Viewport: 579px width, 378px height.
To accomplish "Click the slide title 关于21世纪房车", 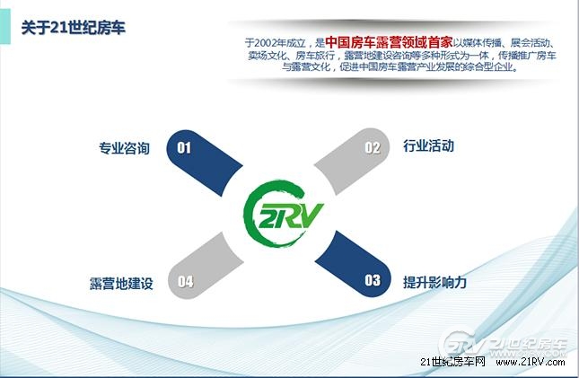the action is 74,28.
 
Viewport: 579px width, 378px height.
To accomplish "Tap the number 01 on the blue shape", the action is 184,148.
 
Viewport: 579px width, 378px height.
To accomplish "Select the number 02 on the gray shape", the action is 373,148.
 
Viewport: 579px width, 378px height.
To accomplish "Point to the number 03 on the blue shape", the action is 373,280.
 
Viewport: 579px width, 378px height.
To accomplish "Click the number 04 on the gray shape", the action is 185,282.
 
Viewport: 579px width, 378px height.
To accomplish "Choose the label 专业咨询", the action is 124,148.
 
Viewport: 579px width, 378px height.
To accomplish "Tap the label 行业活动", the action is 429,146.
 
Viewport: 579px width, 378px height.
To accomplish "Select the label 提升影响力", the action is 435,282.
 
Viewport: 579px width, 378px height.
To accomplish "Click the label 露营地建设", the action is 121,284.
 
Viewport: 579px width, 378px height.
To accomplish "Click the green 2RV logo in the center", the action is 283,214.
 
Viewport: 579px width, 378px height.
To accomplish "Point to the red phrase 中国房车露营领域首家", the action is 389,42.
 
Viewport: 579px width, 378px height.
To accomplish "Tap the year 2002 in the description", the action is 267,43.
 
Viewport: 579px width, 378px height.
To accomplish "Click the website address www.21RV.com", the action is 531,362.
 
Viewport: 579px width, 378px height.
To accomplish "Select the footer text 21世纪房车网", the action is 452,362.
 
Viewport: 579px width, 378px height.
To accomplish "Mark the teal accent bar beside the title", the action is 5,27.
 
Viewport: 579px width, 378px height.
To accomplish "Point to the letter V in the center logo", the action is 310,215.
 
